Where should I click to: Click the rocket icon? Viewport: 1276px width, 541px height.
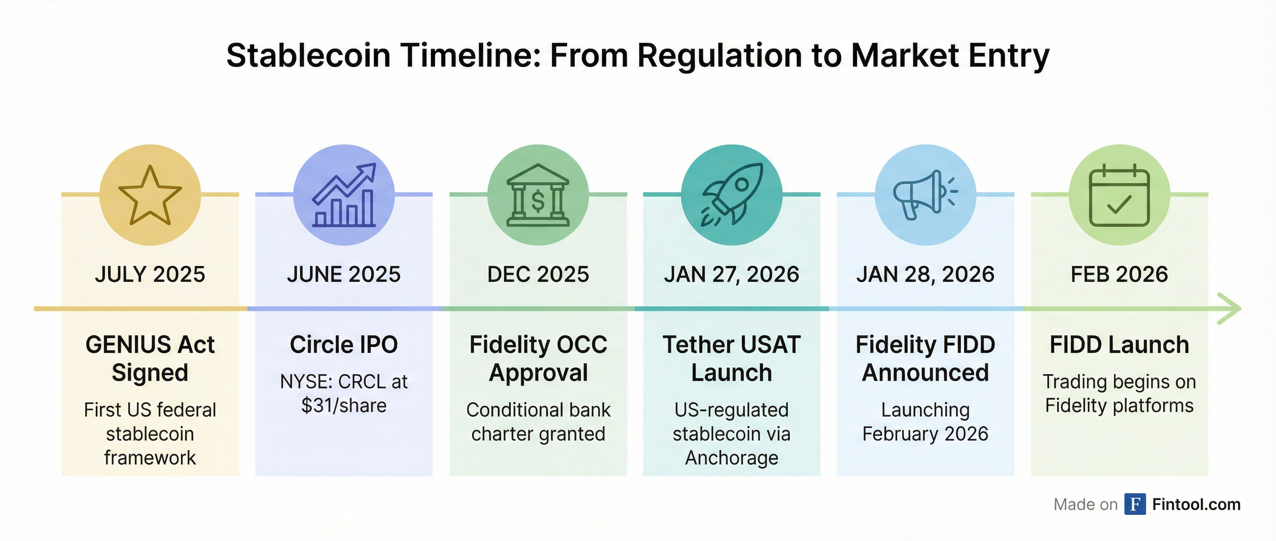[731, 195]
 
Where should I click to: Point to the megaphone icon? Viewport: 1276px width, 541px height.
[925, 195]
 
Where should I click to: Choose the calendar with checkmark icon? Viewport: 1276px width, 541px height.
[1119, 196]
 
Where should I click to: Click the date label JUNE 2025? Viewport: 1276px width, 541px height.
[344, 274]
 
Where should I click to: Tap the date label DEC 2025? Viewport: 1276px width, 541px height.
[538, 274]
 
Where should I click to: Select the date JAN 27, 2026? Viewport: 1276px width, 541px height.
[731, 274]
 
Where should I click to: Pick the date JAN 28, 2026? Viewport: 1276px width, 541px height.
[925, 274]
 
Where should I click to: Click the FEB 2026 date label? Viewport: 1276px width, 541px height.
[1119, 274]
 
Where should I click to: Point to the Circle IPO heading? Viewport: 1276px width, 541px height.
[344, 345]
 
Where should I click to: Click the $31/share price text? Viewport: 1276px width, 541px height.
[344, 406]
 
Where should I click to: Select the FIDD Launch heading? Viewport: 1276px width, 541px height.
[1119, 345]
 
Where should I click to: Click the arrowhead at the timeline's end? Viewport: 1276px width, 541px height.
[1230, 309]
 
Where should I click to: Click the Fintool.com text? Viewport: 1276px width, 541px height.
[1196, 504]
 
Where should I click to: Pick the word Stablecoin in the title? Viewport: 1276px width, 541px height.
[309, 56]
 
